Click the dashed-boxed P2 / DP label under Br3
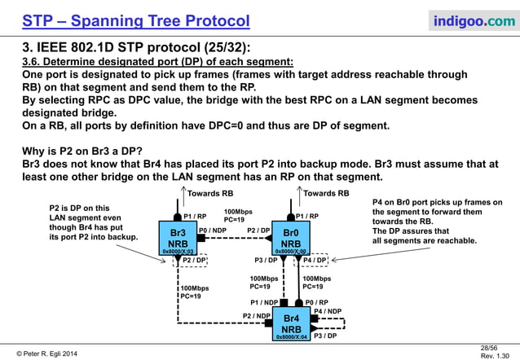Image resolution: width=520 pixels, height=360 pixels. pos(188,261)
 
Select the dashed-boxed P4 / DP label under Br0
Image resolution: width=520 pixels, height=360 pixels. pos(315,261)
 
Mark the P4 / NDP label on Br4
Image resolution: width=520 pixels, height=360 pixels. pos(328,311)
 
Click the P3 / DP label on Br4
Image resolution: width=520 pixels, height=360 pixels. pos(325,336)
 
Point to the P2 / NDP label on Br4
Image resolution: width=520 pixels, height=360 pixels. pos(257,315)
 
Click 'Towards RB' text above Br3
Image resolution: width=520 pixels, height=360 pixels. pos(210,194)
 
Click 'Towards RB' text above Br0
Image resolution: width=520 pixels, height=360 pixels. pos(326,194)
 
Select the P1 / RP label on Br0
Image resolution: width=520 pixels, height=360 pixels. pos(307,216)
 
